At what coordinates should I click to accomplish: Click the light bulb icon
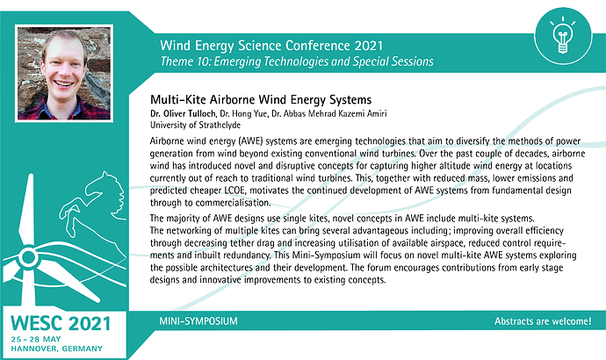pyautogui.click(x=563, y=35)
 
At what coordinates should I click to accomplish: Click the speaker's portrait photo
pyautogui.click(x=64, y=74)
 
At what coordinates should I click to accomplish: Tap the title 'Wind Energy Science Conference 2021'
pyautogui.click(x=271, y=46)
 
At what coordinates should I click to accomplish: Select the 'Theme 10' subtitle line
pyautogui.click(x=297, y=61)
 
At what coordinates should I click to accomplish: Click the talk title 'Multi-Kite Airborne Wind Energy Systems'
pyautogui.click(x=261, y=99)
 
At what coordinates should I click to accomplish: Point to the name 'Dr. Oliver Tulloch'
pyautogui.click(x=183, y=113)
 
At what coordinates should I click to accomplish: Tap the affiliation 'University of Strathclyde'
pyautogui.click(x=195, y=126)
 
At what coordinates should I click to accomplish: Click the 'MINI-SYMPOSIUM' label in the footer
pyautogui.click(x=198, y=321)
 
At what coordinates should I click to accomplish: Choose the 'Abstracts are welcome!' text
pyautogui.click(x=543, y=321)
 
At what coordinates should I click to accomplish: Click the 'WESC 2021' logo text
pyautogui.click(x=61, y=324)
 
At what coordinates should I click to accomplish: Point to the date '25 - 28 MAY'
pyautogui.click(x=36, y=339)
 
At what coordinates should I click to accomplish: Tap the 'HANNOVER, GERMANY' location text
pyautogui.click(x=56, y=349)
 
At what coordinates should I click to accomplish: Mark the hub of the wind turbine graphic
pyautogui.click(x=28, y=256)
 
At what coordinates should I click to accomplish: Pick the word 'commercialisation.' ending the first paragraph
pyautogui.click(x=233, y=203)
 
